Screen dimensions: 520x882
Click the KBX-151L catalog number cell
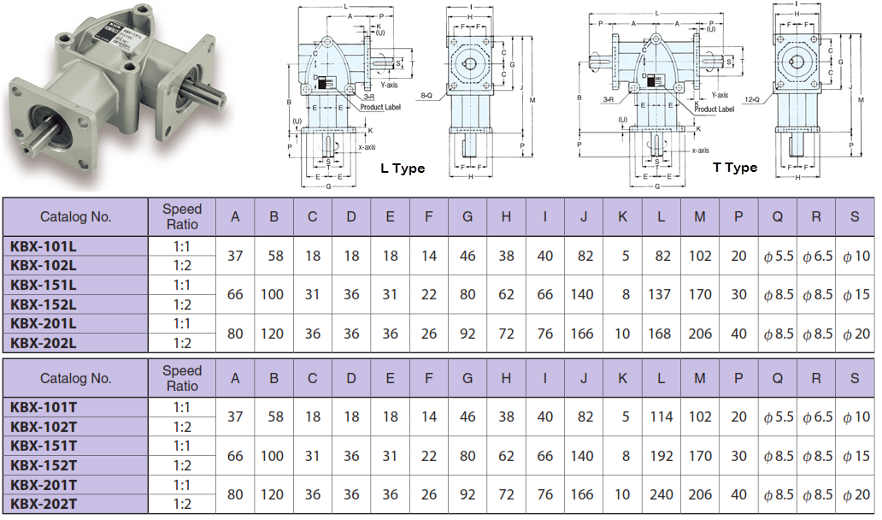(44, 285)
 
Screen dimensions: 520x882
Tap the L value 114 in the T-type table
(661, 417)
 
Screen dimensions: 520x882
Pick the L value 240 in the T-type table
(661, 494)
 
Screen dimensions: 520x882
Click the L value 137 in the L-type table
(661, 294)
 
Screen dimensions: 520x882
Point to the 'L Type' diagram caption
(403, 168)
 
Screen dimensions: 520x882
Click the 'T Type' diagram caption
(735, 168)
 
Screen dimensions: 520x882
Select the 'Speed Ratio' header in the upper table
(182, 216)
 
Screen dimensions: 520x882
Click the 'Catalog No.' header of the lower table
(75, 378)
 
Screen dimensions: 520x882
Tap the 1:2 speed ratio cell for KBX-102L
(182, 265)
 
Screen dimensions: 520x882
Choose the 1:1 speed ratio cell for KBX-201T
(182, 485)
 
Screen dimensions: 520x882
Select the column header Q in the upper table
(778, 216)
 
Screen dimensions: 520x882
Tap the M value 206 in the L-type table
(700, 334)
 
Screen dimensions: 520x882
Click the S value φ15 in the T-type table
(855, 456)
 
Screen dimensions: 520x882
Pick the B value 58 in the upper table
(273, 256)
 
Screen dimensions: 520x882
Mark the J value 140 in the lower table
(584, 456)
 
